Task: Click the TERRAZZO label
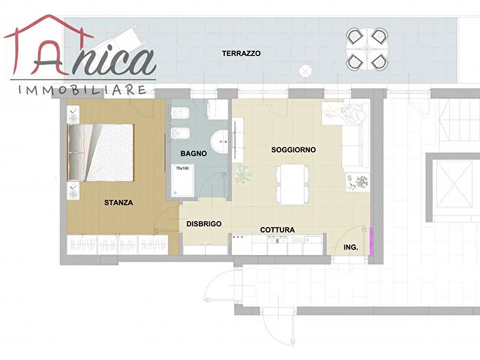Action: click(x=241, y=53)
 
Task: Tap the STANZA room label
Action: click(x=119, y=203)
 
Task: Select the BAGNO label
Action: click(x=193, y=154)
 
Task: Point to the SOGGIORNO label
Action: click(x=293, y=149)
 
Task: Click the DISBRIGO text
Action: click(x=204, y=224)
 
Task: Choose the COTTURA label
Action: click(x=277, y=230)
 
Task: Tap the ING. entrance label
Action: click(x=351, y=248)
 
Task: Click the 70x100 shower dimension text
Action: click(x=182, y=169)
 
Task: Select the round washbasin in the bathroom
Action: click(x=219, y=142)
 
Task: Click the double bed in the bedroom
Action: click(x=101, y=152)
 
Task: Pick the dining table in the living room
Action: click(x=292, y=184)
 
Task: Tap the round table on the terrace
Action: click(x=367, y=49)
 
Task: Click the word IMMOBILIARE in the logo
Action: click(x=82, y=90)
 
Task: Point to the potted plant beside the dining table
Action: click(x=243, y=174)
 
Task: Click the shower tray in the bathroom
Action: click(x=182, y=180)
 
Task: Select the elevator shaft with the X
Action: click(x=454, y=184)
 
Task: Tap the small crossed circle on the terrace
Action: click(x=305, y=71)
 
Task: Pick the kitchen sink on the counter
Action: click(x=313, y=239)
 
